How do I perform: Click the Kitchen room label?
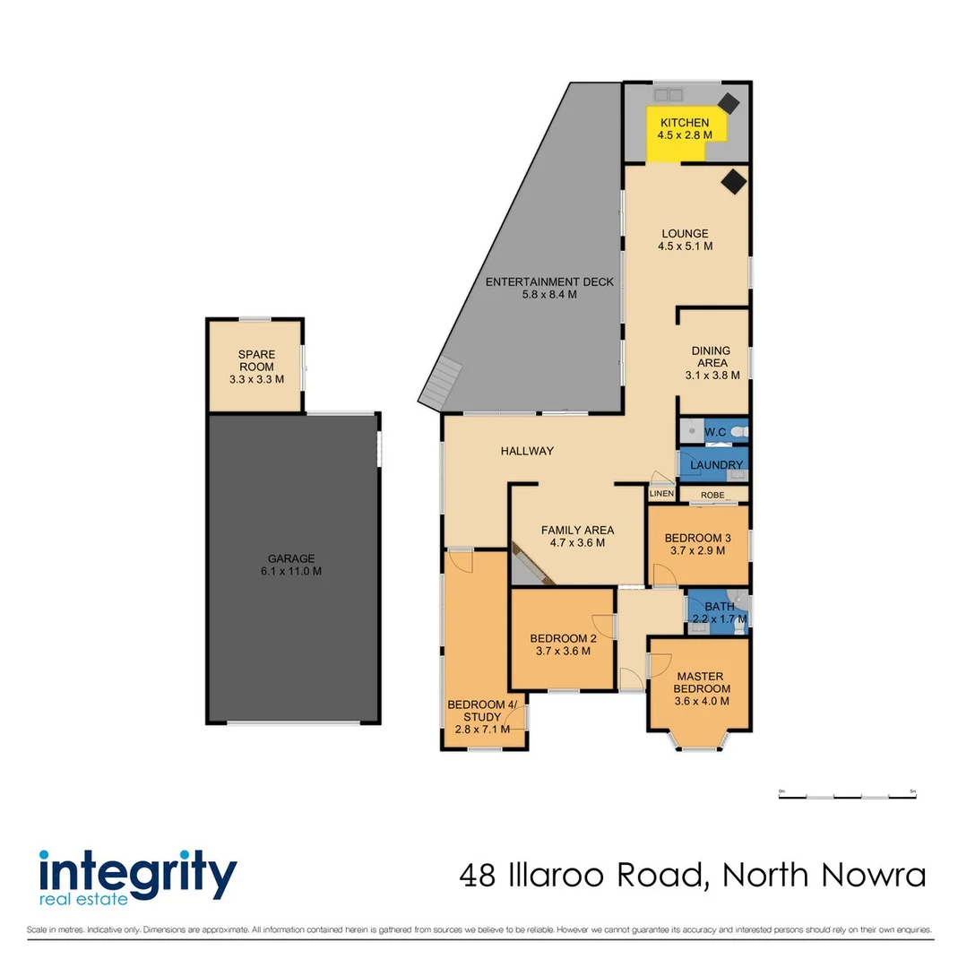coord(685,123)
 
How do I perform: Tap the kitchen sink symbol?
coord(667,93)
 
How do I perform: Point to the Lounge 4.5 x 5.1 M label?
coord(686,239)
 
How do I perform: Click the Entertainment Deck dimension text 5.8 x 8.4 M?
coord(549,294)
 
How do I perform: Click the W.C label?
coord(714,433)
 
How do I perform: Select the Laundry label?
coord(717,464)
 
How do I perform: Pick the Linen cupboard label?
coord(661,494)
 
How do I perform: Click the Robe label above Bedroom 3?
coord(712,494)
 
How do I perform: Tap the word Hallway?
coord(527,451)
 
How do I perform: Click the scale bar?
coord(847,796)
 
